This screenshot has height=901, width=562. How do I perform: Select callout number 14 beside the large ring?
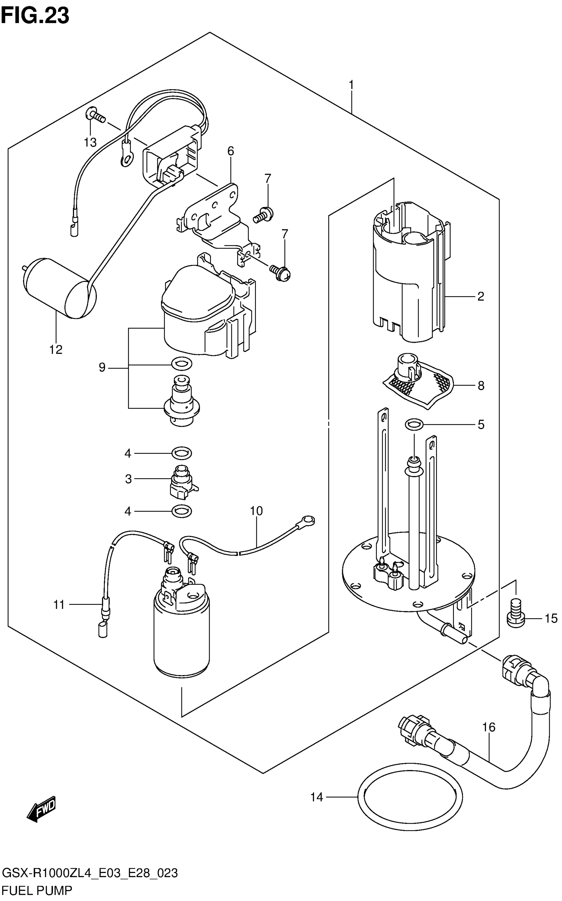(x=317, y=797)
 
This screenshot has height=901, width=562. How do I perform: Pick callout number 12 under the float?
(x=56, y=350)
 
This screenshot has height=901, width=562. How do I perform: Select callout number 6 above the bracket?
(x=230, y=151)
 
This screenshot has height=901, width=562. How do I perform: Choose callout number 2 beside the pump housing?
(x=480, y=296)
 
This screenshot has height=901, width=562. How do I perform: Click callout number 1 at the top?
(x=351, y=85)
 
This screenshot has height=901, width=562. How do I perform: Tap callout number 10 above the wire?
(x=257, y=511)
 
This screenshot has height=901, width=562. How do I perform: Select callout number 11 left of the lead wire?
(x=59, y=605)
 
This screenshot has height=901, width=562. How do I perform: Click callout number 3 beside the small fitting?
(x=128, y=479)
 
